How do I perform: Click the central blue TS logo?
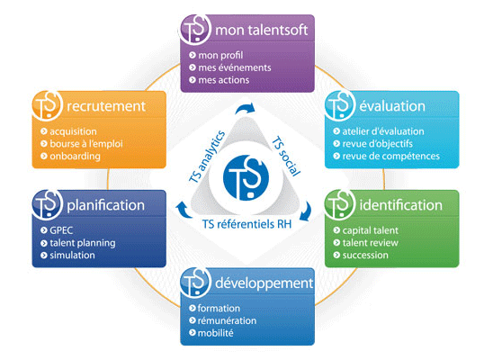(x=246, y=177)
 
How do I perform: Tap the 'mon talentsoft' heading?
(x=261, y=31)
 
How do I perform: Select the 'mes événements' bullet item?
(x=235, y=67)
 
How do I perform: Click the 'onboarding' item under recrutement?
(x=76, y=157)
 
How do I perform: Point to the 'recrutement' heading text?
(x=106, y=106)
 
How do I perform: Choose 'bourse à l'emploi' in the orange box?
(x=86, y=144)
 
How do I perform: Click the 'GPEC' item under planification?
(x=61, y=230)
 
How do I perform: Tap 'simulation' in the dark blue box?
(x=72, y=255)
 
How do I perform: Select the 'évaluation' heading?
(x=392, y=106)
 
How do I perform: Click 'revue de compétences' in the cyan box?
(x=390, y=157)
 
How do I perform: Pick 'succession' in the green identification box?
(x=365, y=255)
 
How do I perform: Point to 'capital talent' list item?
(x=370, y=230)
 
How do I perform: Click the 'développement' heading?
(x=264, y=283)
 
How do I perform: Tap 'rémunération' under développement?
(x=227, y=320)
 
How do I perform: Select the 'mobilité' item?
(x=215, y=333)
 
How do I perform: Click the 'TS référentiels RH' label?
(x=246, y=224)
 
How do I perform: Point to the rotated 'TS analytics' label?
(x=207, y=157)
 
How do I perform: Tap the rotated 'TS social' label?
(x=286, y=156)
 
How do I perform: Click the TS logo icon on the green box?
(x=339, y=204)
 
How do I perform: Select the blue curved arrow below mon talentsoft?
(x=246, y=108)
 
